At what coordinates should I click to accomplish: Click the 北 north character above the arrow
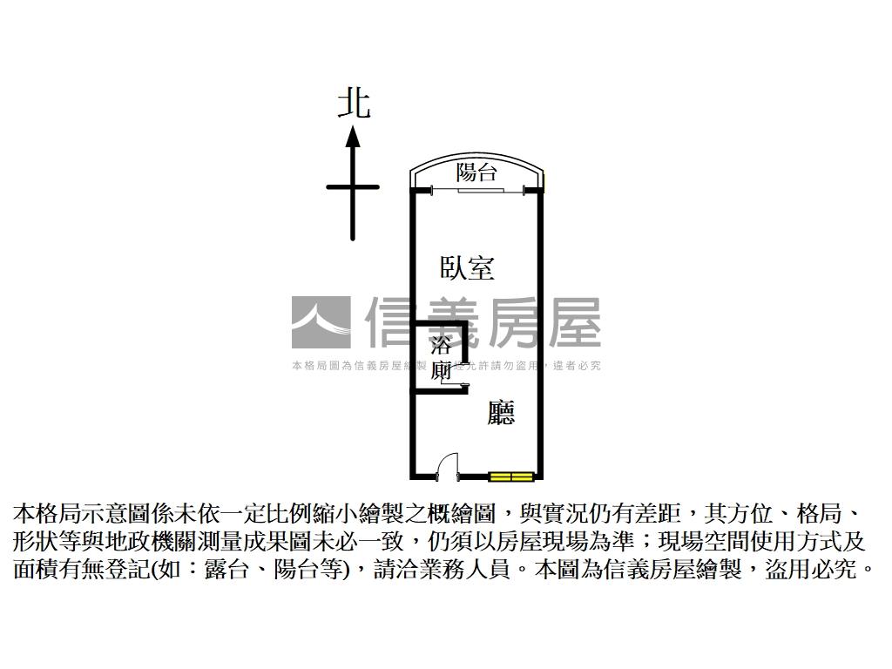(x=354, y=104)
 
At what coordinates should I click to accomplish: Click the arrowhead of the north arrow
(x=353, y=137)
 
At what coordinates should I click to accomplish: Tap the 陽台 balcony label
(x=476, y=172)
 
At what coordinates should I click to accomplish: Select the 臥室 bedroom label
(x=467, y=267)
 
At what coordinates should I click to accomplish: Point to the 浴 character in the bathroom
(x=442, y=343)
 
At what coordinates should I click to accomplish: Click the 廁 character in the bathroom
(x=442, y=371)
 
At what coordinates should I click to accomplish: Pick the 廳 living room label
(x=501, y=412)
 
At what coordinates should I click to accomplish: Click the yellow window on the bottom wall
(x=510, y=476)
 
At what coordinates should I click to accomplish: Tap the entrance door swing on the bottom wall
(x=447, y=465)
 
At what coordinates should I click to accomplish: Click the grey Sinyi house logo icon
(x=321, y=322)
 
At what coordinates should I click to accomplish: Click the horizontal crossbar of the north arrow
(x=353, y=186)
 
